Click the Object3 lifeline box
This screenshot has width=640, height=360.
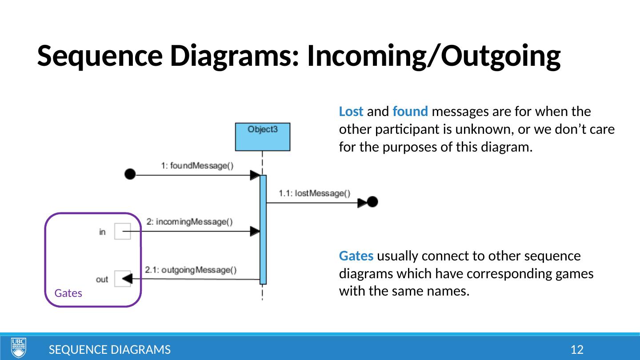(262, 136)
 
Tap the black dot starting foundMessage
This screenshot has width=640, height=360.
(130, 174)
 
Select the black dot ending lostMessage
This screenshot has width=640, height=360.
(372, 202)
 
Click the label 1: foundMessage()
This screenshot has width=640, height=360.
(197, 165)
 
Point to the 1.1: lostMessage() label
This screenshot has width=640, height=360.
(314, 193)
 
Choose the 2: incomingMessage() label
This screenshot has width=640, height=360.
(189, 222)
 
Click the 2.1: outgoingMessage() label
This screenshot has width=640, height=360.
(191, 270)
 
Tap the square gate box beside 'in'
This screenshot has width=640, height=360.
(123, 231)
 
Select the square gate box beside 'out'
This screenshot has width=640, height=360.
(123, 279)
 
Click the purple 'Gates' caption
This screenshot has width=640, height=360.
(68, 293)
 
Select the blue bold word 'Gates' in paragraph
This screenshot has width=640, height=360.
(356, 256)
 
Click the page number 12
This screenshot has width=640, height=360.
(576, 350)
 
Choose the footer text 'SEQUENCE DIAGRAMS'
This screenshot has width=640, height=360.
(109, 350)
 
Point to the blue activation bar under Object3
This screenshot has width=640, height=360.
(263, 229)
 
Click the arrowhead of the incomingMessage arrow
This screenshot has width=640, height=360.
(255, 231)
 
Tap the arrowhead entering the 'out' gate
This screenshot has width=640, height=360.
(127, 279)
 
